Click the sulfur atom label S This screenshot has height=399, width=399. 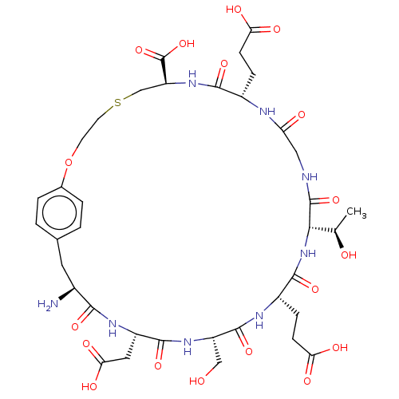pos(117,103)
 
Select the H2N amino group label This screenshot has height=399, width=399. pos(48,304)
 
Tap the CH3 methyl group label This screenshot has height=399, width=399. pos(357,212)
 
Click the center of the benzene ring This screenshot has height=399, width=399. pos(59,212)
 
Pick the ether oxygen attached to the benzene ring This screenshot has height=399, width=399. pos(69,162)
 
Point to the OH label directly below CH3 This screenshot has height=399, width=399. pos(349,255)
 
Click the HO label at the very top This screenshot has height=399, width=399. pos(234,10)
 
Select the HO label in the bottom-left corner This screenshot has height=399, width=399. pos(89,386)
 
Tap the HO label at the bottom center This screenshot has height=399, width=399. pos(197,381)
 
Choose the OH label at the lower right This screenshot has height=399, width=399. pos(340,348)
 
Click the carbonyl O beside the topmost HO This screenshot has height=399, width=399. pos(277,30)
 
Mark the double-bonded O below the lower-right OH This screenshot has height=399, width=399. pos(307,381)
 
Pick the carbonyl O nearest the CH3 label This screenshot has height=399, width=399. pos(336,199)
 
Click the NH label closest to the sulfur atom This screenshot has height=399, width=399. pos(192,79)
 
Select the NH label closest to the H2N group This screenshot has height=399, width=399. pos(113,328)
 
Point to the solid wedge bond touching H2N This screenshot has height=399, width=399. pos(66,294)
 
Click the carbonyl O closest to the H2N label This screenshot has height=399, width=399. pos(75,326)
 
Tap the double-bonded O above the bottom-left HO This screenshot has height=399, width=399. pos(86,344)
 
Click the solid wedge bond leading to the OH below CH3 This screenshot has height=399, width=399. pos(339,239)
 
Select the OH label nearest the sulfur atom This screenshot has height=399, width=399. pos(187,44)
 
